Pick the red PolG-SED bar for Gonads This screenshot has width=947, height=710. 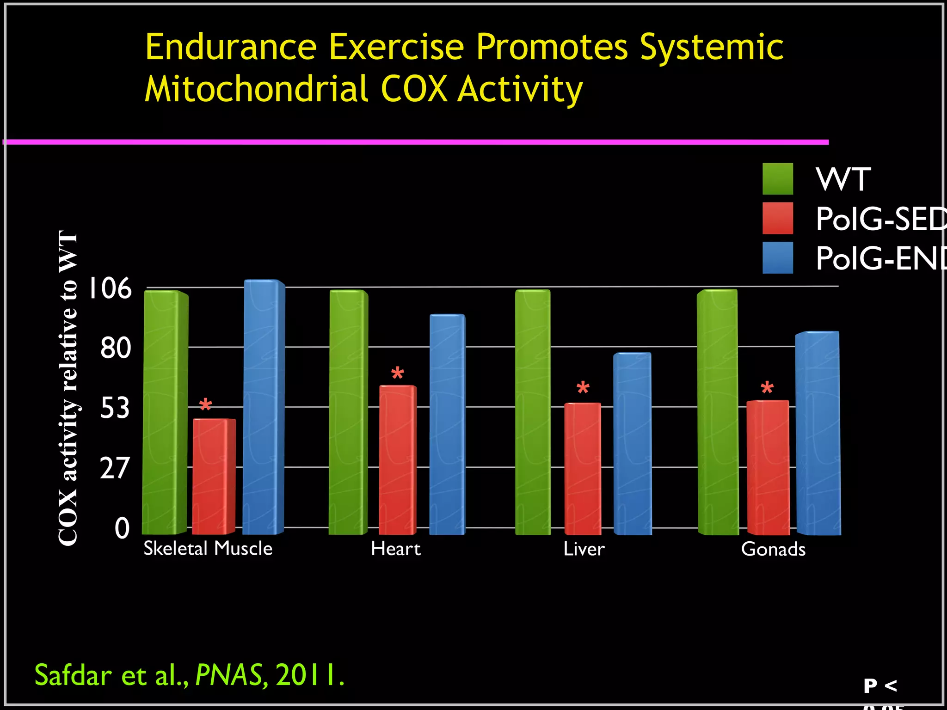pyautogui.click(x=768, y=467)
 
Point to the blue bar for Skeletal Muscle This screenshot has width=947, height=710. pyautogui.click(x=263, y=407)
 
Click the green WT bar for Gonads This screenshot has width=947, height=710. pyautogui.click(x=717, y=411)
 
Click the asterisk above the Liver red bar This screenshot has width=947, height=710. pyautogui.click(x=583, y=388)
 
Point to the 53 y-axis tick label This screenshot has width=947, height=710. pyautogui.click(x=115, y=408)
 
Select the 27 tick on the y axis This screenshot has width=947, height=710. pyautogui.click(x=115, y=468)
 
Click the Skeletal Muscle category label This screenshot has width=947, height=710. pyautogui.click(x=208, y=549)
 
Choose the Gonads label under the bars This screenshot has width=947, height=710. pyautogui.click(x=773, y=549)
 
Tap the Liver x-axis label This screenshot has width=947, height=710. pyautogui.click(x=584, y=549)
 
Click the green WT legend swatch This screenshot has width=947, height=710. pyautogui.click(x=777, y=179)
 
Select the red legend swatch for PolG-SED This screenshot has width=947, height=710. pyautogui.click(x=777, y=218)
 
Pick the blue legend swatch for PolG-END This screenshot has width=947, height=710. pyautogui.click(x=777, y=257)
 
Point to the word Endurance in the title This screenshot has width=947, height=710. pyautogui.click(x=231, y=47)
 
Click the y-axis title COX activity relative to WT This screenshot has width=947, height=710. pyautogui.click(x=68, y=388)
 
